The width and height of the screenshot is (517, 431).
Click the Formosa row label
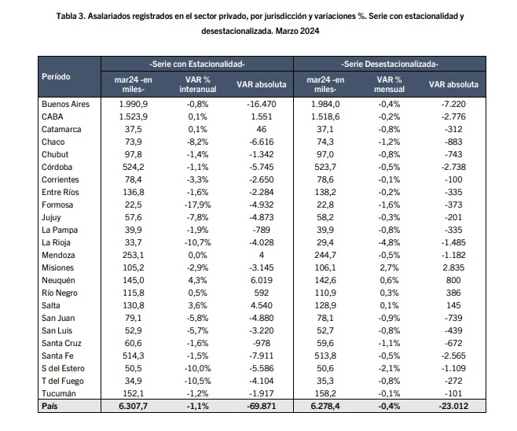click(57, 205)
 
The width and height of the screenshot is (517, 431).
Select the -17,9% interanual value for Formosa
click(197, 205)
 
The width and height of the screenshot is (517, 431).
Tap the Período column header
click(56, 76)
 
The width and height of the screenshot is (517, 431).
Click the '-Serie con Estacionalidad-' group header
click(197, 64)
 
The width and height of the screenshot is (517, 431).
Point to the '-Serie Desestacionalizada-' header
click(390, 64)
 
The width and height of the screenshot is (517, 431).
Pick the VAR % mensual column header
click(389, 84)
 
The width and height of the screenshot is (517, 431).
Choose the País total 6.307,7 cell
click(134, 407)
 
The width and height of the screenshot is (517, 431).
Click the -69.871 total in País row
click(262, 407)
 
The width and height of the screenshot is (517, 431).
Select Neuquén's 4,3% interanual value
click(197, 281)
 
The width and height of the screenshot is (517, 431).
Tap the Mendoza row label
click(58, 255)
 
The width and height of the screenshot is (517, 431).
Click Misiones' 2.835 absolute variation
click(453, 267)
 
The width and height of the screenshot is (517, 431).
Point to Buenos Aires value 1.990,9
click(134, 105)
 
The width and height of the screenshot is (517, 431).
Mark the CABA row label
click(53, 117)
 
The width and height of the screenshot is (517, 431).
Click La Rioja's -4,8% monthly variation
click(389, 242)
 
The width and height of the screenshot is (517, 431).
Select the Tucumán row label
click(59, 394)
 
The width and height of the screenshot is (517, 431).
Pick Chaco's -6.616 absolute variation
click(262, 142)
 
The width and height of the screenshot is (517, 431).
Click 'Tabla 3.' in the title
click(71, 17)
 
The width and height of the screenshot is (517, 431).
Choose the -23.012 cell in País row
click(453, 407)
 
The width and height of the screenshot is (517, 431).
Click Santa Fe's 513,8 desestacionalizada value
click(325, 355)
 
